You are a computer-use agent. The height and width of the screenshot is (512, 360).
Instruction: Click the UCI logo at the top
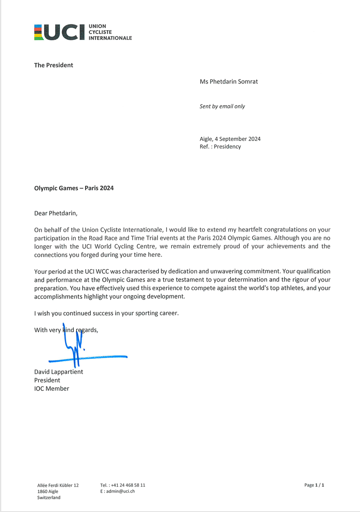pos(82,32)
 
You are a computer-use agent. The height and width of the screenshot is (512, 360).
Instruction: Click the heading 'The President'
pos(54,65)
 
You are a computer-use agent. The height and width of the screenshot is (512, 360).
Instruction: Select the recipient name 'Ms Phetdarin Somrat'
pos(228,82)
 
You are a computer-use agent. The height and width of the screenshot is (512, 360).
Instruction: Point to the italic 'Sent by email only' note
pos(222,106)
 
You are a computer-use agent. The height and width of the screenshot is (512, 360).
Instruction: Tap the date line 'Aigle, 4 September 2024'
pos(230,139)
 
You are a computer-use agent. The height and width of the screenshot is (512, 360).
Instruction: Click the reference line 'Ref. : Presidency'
pos(220,146)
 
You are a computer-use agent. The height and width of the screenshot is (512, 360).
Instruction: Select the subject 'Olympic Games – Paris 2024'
pos(74,188)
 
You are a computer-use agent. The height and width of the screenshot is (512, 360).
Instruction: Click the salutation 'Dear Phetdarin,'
pos(56,214)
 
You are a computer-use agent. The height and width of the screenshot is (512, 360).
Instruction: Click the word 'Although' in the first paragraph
pos(287,238)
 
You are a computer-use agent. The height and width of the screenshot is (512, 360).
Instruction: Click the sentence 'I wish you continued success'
pos(106,313)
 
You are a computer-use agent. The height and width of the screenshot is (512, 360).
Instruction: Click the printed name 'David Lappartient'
pos(59,372)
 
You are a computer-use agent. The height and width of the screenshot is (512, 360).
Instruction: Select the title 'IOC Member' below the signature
pos(52,388)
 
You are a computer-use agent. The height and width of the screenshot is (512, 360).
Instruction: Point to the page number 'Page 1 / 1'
pos(314,485)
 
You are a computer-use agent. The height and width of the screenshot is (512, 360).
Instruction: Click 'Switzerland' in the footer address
pos(49,498)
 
